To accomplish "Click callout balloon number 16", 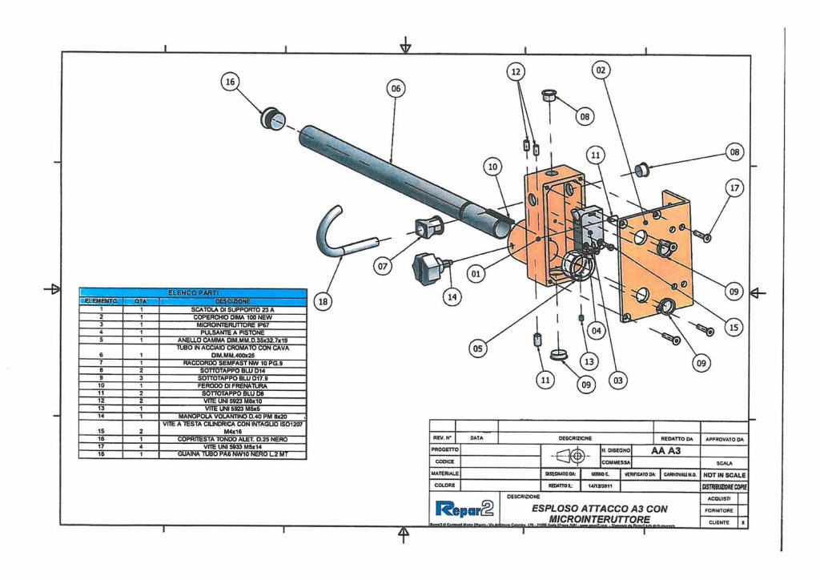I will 231,81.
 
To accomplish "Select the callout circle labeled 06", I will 395,89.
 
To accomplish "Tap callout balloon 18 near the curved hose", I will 322,302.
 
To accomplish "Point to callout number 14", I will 452,295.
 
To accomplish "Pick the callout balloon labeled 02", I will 600,70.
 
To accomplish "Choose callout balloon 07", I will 383,264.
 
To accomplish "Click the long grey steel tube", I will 400,180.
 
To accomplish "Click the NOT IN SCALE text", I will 723,474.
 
